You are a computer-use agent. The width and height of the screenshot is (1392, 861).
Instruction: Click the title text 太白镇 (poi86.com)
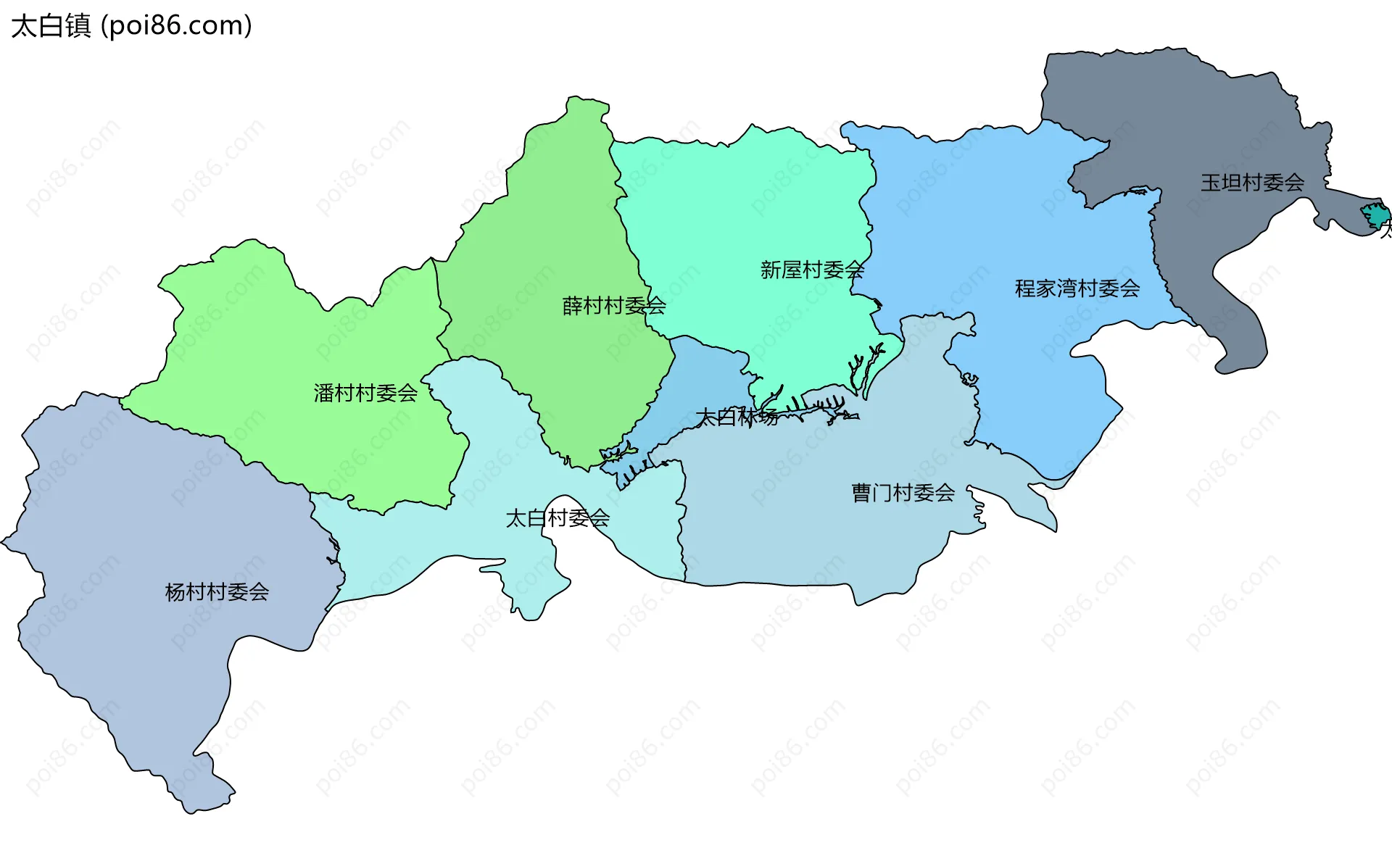[131, 25]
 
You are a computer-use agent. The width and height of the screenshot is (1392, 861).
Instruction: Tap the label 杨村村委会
[217, 592]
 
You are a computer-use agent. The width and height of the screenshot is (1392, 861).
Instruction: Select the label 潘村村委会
[365, 393]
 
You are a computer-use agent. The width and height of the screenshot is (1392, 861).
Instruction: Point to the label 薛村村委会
[614, 306]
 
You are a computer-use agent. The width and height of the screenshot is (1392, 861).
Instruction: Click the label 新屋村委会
[812, 270]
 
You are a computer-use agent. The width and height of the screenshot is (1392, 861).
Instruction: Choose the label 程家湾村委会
[1077, 288]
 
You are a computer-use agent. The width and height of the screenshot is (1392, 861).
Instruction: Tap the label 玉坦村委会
[1252, 182]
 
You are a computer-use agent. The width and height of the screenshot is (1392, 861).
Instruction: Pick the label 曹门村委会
[903, 493]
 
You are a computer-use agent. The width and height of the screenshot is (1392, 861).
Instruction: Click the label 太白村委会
[558, 518]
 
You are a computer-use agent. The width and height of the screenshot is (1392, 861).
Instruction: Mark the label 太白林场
[737, 417]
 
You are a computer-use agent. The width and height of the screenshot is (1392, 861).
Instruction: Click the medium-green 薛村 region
[551, 217]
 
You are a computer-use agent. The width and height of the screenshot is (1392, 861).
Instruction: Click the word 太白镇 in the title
[51, 25]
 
